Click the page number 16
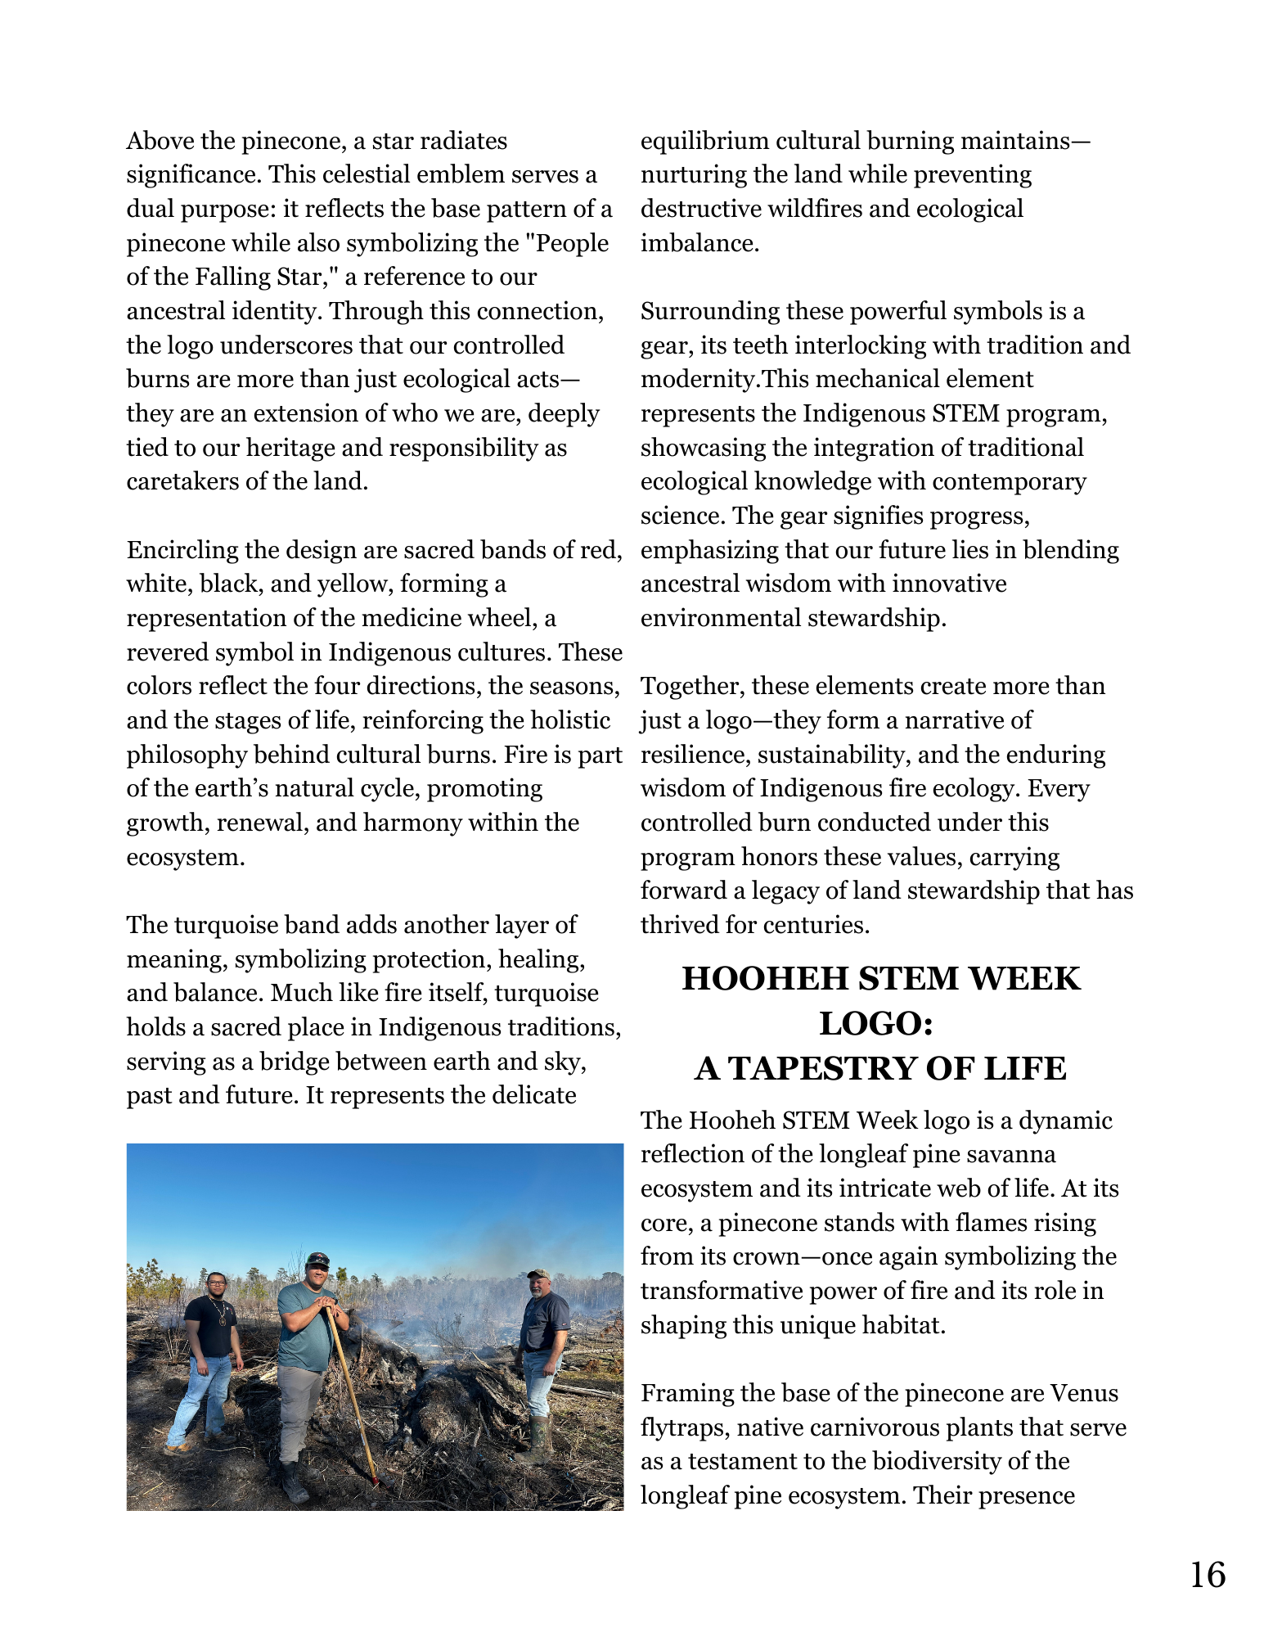(x=1207, y=1576)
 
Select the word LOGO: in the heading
(x=876, y=1024)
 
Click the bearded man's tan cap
(x=538, y=1274)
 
